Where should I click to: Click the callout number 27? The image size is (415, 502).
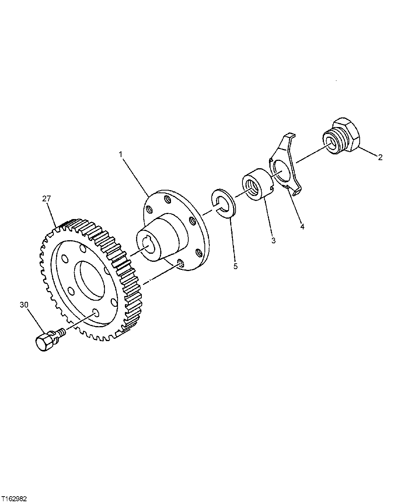[46, 199]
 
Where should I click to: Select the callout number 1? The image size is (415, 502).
[120, 154]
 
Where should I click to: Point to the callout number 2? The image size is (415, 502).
[380, 157]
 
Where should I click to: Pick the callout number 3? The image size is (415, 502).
[273, 241]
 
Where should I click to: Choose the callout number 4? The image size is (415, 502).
[302, 227]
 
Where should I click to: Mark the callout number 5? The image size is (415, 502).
[236, 266]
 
